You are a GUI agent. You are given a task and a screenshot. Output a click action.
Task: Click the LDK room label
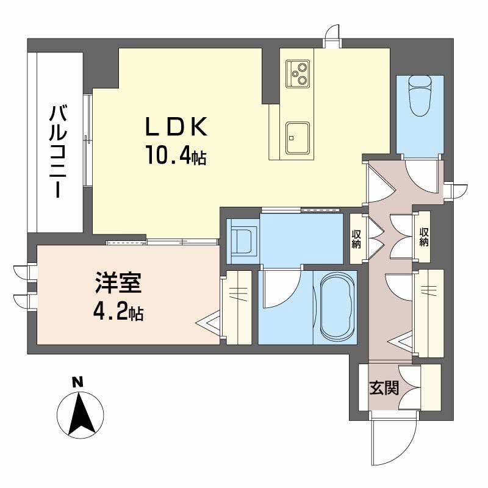[x=177, y=128]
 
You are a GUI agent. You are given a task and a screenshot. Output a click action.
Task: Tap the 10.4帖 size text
[x=175, y=156]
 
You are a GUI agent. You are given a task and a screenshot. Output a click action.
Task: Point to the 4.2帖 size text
[x=118, y=313]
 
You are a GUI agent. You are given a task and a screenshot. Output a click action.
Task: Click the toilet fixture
[x=420, y=95]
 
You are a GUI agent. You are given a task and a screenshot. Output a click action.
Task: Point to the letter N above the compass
[x=77, y=383]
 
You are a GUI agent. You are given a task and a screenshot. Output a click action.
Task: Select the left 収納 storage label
[x=356, y=238]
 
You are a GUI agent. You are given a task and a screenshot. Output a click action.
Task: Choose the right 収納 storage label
[x=423, y=237]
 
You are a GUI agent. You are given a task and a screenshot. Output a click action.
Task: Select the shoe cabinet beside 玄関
[x=431, y=387]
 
